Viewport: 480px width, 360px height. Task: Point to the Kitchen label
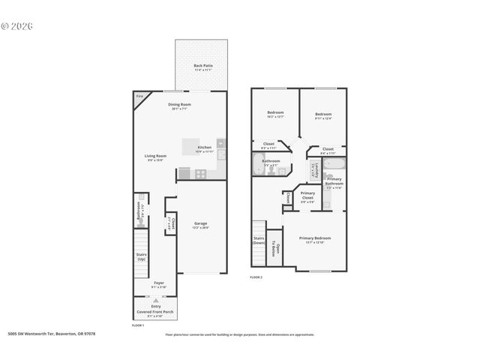[x=204, y=147]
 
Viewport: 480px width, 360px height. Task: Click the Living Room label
[x=155, y=156]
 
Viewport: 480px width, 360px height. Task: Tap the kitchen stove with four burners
[x=201, y=173]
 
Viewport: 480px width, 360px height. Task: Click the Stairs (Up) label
[x=141, y=256]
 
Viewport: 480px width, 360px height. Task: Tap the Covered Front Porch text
[x=154, y=311]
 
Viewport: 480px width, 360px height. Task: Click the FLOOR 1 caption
[x=138, y=325]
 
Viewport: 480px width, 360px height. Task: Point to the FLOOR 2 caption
[x=256, y=277]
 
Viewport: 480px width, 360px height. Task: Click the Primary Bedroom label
[x=315, y=238]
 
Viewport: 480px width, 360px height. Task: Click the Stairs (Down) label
[x=259, y=240]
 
